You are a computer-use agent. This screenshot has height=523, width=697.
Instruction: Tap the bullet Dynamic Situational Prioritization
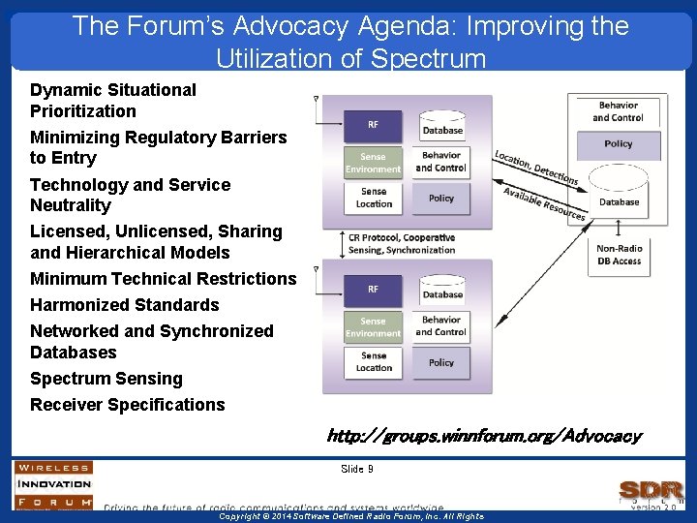pos(112,100)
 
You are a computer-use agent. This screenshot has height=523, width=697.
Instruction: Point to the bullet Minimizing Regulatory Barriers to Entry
pos(158,147)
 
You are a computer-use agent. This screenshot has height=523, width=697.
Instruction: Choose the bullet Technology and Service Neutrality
pos(130,195)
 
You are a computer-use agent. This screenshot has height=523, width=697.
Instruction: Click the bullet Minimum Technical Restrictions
pos(163,279)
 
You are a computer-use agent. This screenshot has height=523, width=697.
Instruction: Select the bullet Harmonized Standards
pos(124,305)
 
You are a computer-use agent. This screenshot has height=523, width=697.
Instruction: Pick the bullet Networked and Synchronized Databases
pos(151,342)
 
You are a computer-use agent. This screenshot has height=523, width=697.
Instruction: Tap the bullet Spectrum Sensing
pos(106,379)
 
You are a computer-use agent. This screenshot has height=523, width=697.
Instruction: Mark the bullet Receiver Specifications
pos(127,405)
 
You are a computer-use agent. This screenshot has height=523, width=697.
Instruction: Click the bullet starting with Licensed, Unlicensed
pos(156,242)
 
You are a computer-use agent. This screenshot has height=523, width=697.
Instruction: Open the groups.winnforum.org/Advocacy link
pos(483,436)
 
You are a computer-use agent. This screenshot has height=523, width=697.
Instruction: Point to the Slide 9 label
pos(356,469)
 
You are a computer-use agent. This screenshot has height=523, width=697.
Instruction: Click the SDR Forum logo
pos(651,492)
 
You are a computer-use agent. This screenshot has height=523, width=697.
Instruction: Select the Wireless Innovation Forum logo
pos(53,483)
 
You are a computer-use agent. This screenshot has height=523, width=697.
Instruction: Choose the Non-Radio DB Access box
pos(619,255)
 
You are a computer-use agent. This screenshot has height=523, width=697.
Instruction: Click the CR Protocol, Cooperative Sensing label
pos(401,243)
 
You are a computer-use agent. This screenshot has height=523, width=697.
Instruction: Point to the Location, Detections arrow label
pos(535,167)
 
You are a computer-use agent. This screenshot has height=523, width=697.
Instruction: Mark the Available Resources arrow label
pos(544,203)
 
